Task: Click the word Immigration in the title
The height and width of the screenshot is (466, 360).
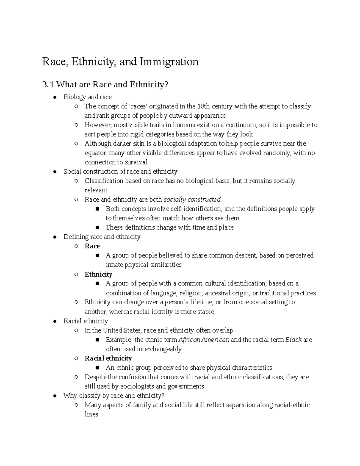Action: (169, 62)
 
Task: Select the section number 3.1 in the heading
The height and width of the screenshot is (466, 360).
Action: (48, 85)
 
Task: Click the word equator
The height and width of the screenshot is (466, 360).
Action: (95, 153)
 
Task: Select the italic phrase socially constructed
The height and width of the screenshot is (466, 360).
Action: (192, 200)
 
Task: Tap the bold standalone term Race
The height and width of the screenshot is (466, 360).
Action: (92, 246)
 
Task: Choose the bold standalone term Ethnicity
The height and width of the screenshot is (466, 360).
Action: (98, 274)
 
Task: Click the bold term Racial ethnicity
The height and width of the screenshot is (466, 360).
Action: (108, 358)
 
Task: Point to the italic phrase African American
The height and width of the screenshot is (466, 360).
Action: (204, 340)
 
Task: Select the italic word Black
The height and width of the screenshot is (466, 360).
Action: (293, 340)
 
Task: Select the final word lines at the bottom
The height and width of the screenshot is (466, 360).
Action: (91, 414)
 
